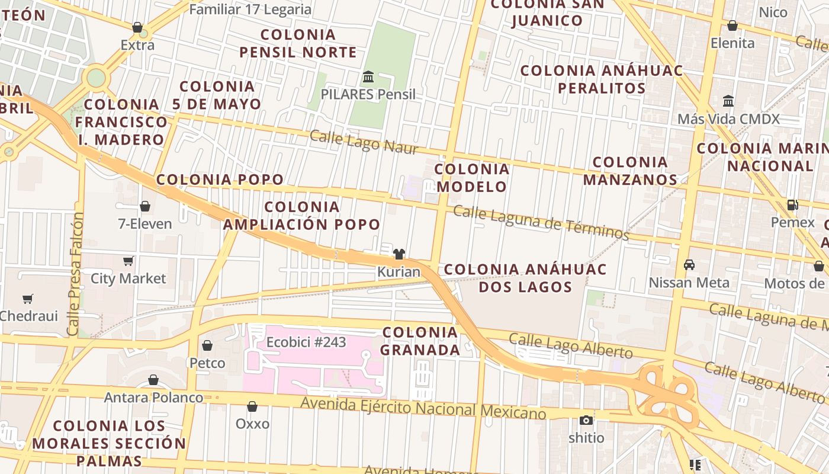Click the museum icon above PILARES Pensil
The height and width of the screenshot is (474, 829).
click(x=368, y=77)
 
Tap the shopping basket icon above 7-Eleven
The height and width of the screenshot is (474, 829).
click(x=145, y=206)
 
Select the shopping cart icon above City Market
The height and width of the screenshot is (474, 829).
click(x=128, y=261)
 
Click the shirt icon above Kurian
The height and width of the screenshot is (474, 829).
click(x=399, y=254)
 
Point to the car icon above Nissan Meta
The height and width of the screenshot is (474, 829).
click(x=689, y=264)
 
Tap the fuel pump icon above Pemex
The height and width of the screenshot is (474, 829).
click(x=792, y=205)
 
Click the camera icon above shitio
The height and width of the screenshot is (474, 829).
click(x=586, y=420)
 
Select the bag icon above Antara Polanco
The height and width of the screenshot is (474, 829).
click(x=153, y=380)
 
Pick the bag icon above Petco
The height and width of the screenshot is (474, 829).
click(x=207, y=345)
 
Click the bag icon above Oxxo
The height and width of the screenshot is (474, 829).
click(x=252, y=406)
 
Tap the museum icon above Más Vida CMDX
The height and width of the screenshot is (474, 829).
click(x=728, y=101)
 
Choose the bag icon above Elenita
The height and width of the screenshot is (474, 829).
click(x=732, y=26)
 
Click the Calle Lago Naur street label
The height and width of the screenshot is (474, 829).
click(x=364, y=142)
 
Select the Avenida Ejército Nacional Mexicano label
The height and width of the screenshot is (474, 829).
click(x=423, y=407)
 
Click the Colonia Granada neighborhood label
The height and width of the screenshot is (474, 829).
click(x=420, y=341)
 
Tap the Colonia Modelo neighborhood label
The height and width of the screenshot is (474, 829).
click(x=472, y=178)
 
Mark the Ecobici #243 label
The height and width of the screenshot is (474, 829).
click(x=306, y=342)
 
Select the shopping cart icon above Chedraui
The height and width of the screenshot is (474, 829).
click(x=28, y=299)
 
